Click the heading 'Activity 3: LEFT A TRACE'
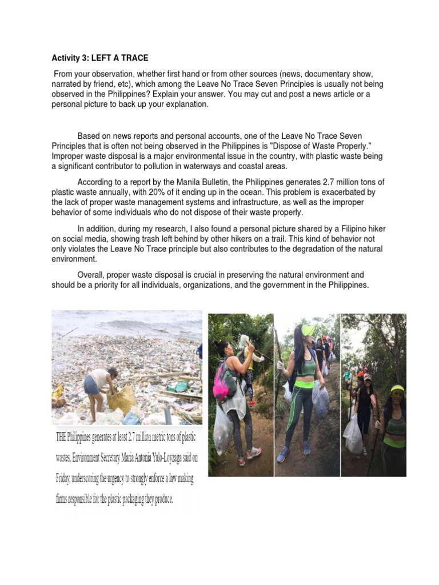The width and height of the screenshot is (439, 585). click(101, 58)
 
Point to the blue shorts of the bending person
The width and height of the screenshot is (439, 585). click(91, 386)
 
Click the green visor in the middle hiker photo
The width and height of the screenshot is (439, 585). click(309, 330)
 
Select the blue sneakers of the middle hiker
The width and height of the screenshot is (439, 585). click(283, 455)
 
